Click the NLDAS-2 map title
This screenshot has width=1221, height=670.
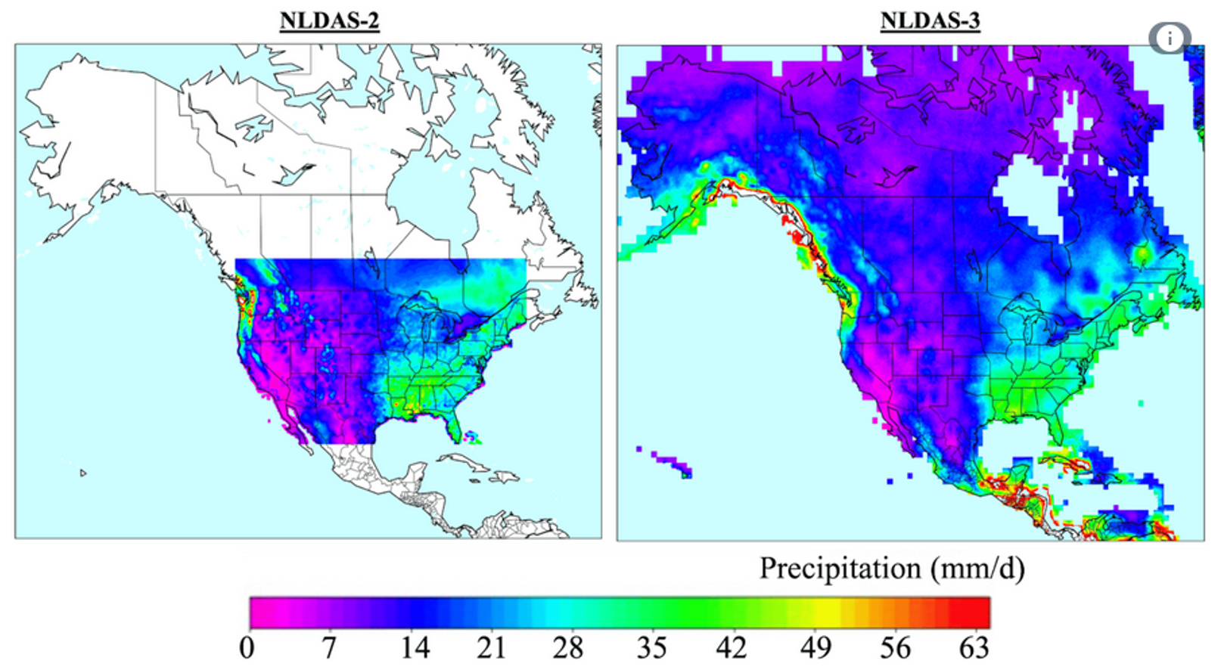coord(329,20)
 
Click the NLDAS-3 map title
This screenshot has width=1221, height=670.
coord(930,20)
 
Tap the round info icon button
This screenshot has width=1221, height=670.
coord(1170,38)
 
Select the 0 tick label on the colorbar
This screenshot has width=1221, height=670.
coord(247,648)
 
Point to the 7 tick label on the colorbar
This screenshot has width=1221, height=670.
coord(328,648)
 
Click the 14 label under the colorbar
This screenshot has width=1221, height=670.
coord(415,648)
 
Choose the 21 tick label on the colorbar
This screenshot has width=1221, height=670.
coord(491,648)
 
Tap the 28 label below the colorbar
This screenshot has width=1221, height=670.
coord(567,648)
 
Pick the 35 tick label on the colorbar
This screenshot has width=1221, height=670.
coord(651,648)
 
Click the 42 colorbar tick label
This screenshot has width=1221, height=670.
coord(731,648)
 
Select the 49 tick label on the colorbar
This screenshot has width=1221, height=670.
coord(816,648)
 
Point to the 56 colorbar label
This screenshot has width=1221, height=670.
coord(895,648)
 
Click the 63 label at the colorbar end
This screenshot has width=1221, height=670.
coord(974,648)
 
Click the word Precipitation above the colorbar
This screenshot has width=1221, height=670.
coord(840,569)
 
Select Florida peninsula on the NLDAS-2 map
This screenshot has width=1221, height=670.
coord(454,428)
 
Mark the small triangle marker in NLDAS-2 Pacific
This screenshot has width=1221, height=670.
coord(83,473)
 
